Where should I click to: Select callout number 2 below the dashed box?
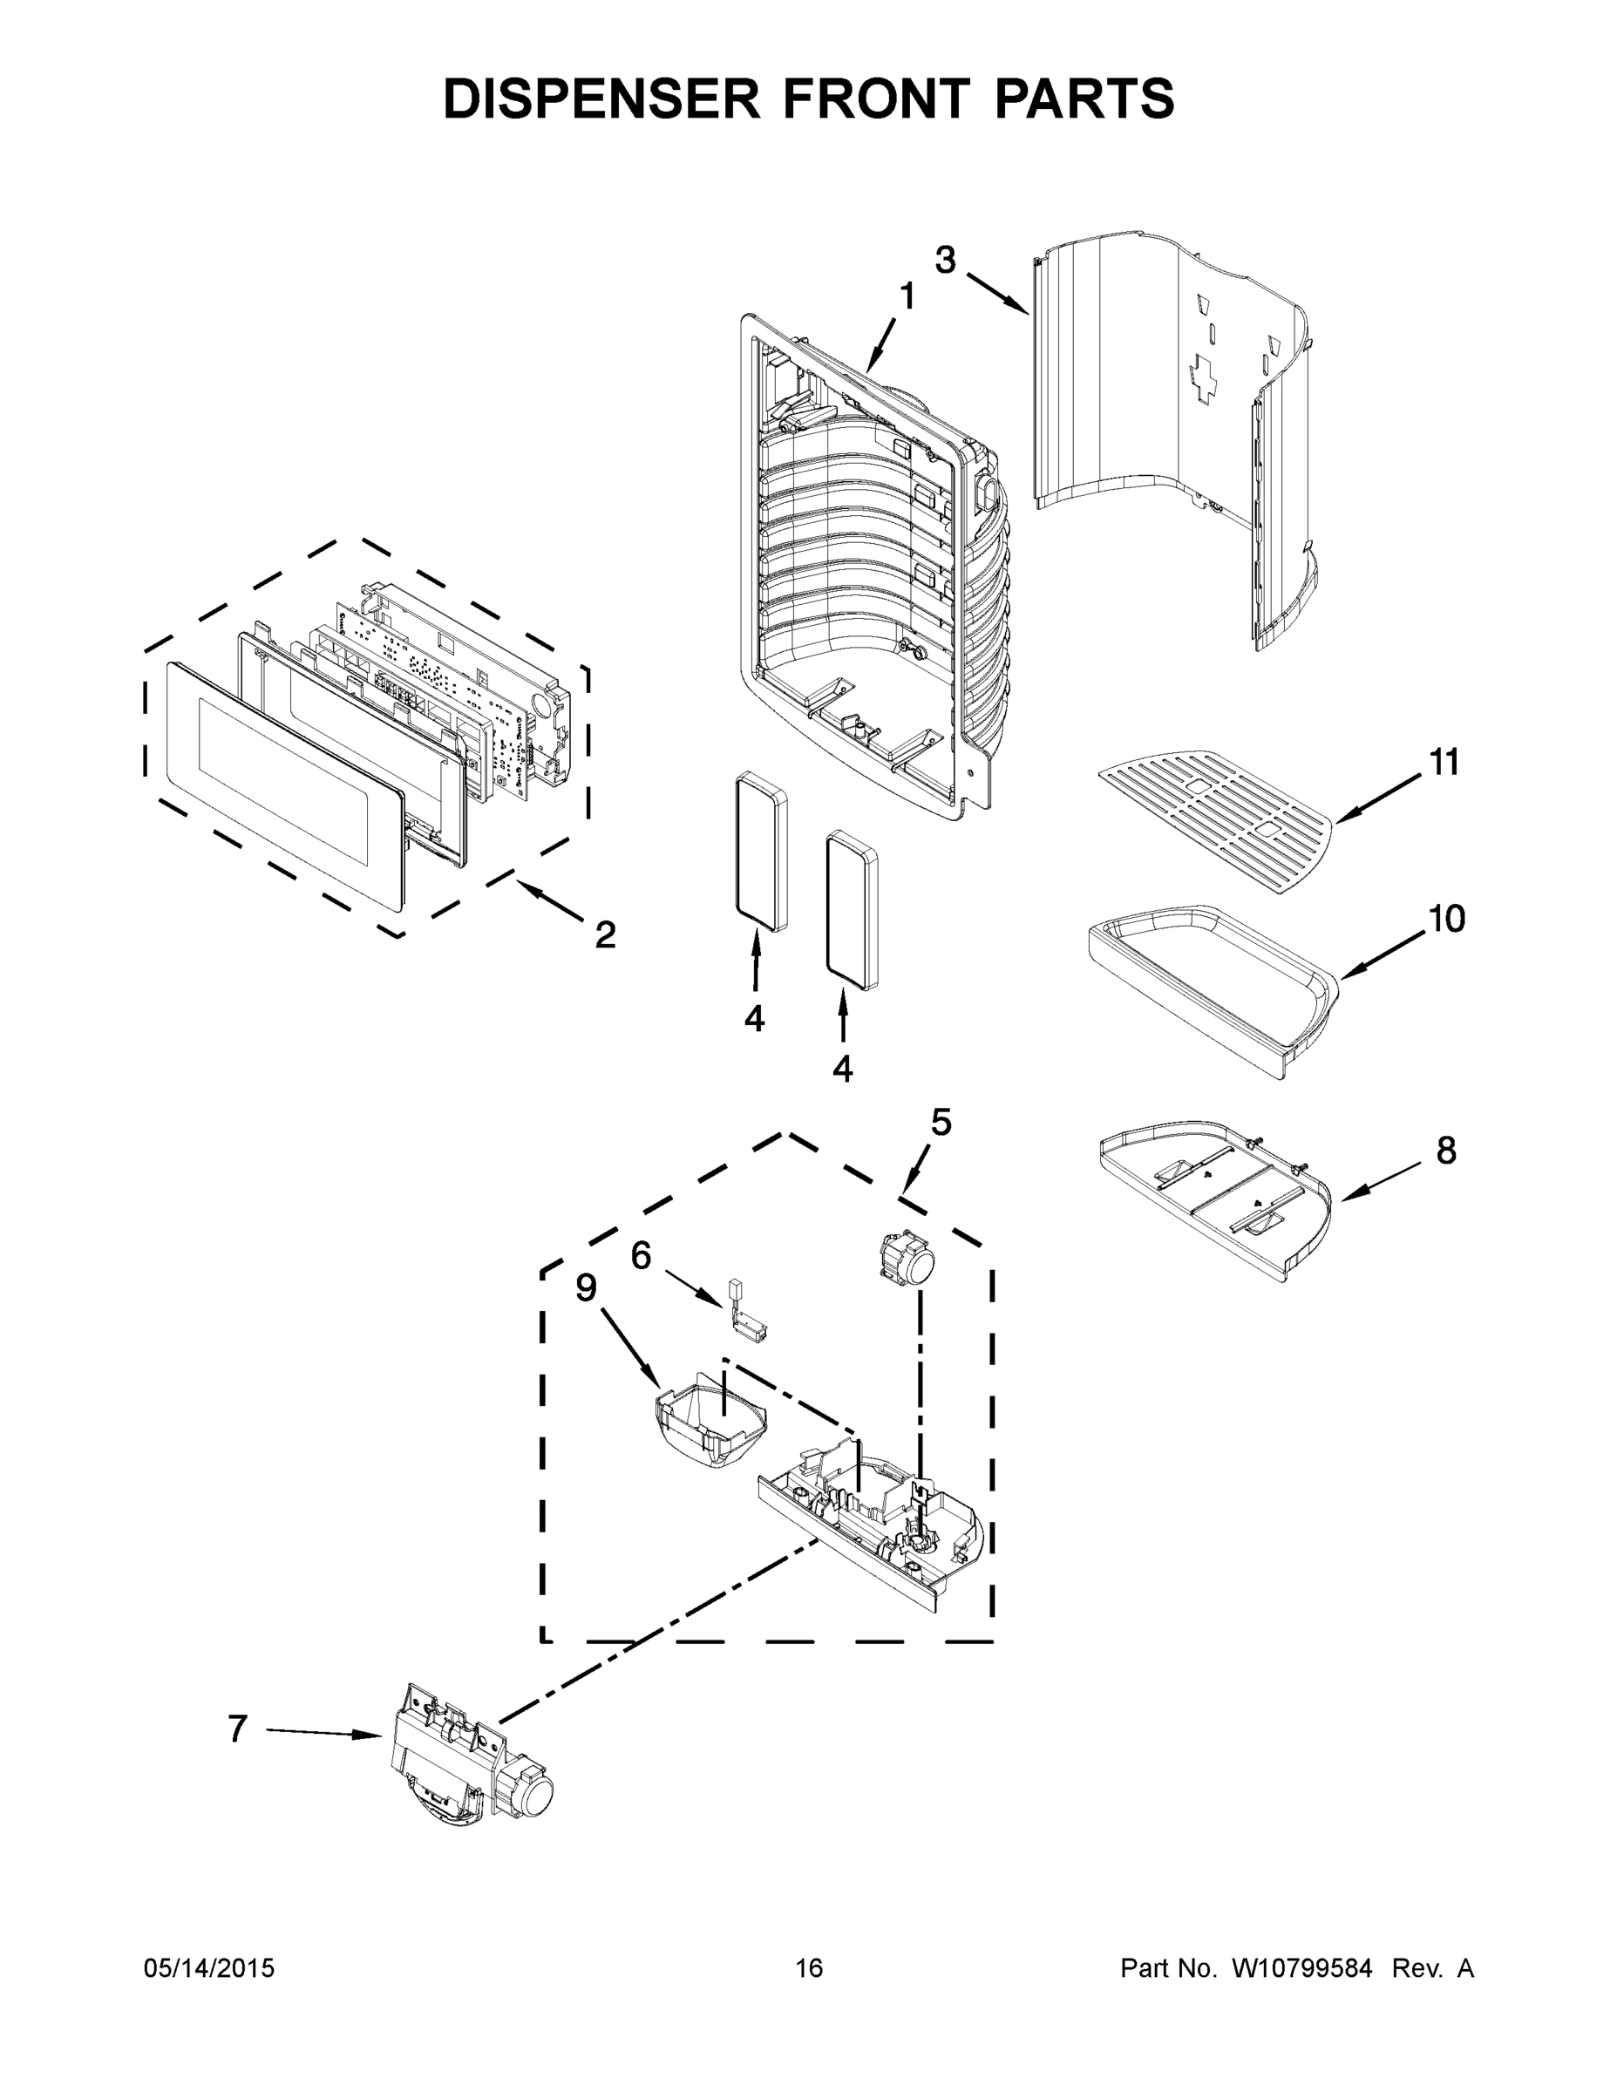(x=604, y=934)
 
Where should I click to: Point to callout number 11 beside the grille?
(x=1444, y=763)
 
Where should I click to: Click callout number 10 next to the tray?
(x=1446, y=919)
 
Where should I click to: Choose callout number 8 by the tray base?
(x=1445, y=1151)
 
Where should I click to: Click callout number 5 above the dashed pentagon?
(x=941, y=1122)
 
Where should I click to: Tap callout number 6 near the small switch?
(x=641, y=1255)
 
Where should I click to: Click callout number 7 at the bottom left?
(x=239, y=1729)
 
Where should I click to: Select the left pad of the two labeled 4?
(x=761, y=851)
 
